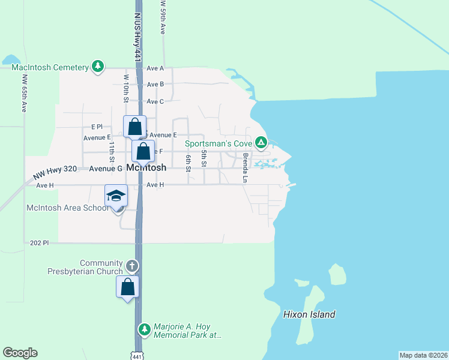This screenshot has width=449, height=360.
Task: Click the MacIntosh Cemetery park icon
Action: [98, 67]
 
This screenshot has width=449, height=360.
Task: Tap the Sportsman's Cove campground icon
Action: [261, 143]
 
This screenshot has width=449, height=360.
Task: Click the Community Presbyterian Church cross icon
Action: [132, 266]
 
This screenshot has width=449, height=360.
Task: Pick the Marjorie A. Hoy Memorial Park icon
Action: [144, 329]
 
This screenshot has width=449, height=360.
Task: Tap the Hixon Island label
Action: [309, 314]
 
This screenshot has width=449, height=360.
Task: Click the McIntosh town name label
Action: [146, 169]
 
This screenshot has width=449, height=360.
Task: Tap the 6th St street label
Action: [188, 162]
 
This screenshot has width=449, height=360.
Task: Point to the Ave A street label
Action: [155, 68]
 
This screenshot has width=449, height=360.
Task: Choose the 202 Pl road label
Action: [38, 243]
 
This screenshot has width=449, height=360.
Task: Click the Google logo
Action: [20, 353]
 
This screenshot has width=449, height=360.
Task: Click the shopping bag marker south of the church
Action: [127, 287]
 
